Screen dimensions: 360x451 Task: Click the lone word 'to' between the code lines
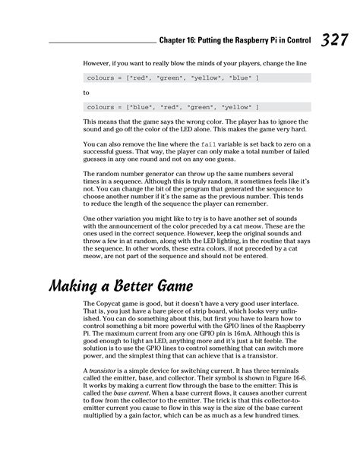pos(86,92)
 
